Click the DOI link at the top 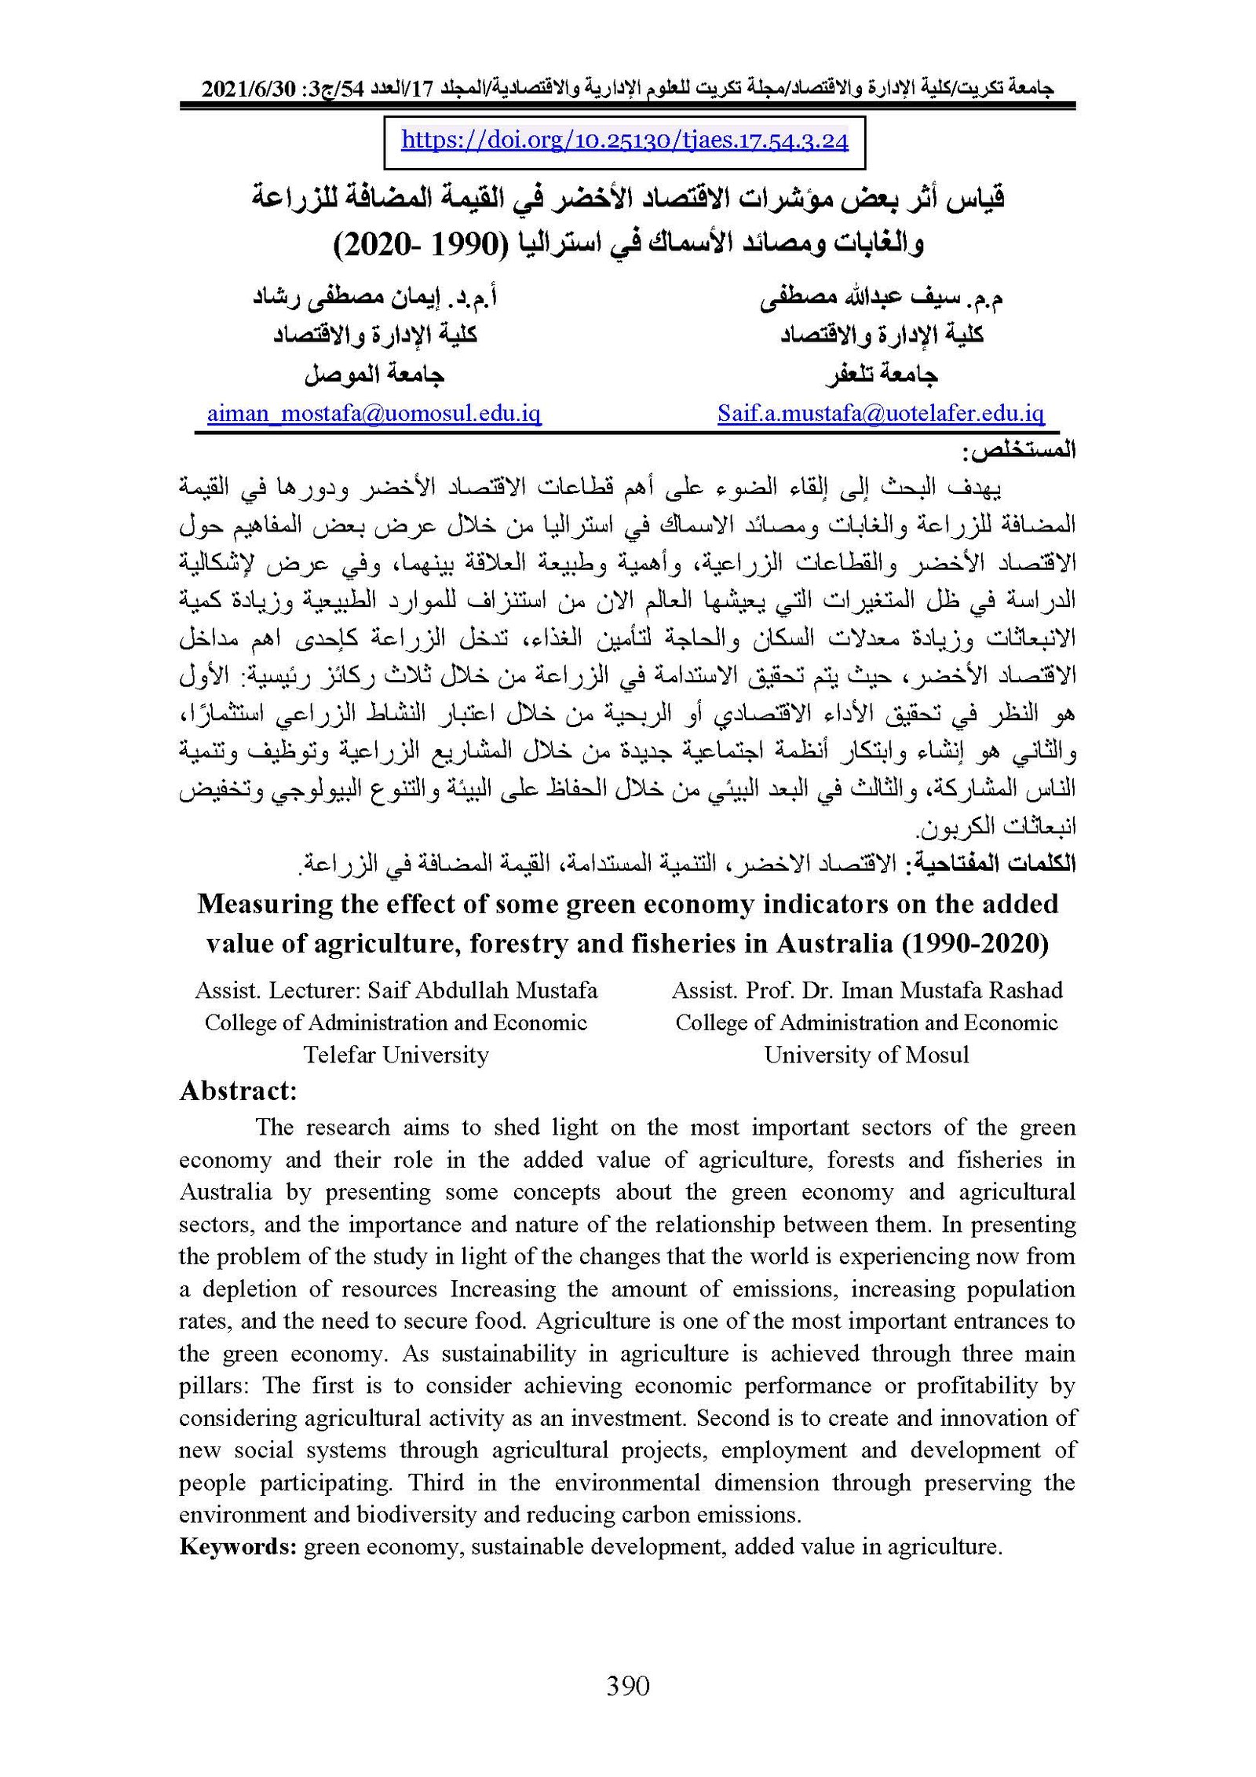click(624, 141)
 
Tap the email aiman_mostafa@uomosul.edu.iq click(374, 414)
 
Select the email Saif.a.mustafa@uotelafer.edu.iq click(880, 414)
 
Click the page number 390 click(628, 1686)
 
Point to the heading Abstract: click(238, 1091)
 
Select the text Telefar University click(396, 1055)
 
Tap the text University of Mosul click(867, 1055)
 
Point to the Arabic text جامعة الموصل click(374, 375)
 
